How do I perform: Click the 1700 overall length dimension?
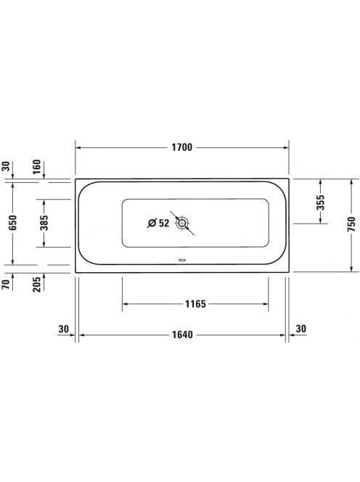click(181, 147)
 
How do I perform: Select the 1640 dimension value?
click(182, 335)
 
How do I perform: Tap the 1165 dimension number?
click(195, 304)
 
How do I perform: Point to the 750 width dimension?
click(352, 224)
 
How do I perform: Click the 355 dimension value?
click(321, 203)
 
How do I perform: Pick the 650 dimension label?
click(12, 223)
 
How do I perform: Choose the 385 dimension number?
click(44, 223)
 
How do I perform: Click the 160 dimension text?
click(36, 167)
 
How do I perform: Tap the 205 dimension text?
click(36, 285)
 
